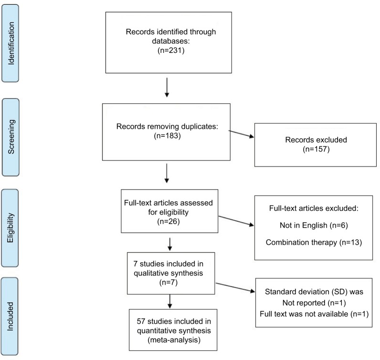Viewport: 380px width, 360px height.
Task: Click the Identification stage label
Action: pyautogui.click(x=11, y=43)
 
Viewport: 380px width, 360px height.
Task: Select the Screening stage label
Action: pyautogui.click(x=11, y=137)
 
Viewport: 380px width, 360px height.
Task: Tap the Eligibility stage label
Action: pyautogui.click(x=10, y=228)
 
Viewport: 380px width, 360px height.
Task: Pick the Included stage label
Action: pyautogui.click(x=10, y=316)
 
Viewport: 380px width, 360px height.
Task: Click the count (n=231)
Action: pyautogui.click(x=171, y=51)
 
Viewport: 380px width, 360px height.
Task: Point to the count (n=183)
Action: pyautogui.click(x=167, y=135)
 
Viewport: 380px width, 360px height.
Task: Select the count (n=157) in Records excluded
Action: pyautogui.click(x=316, y=149)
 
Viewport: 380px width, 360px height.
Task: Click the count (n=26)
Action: pyautogui.click(x=169, y=221)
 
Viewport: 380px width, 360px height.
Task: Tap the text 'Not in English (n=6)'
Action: pyautogui.click(x=314, y=226)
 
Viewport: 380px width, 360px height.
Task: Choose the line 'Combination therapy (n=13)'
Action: pyautogui.click(x=314, y=242)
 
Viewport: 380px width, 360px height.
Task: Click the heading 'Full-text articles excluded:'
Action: pyautogui.click(x=314, y=208)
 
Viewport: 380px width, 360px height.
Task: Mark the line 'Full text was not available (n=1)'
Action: pyautogui.click(x=314, y=314)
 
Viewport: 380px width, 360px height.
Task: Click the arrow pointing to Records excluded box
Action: pyautogui.click(x=242, y=134)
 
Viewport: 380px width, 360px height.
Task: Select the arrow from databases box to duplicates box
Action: pyautogui.click(x=167, y=87)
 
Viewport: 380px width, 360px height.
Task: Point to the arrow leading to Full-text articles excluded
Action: pyautogui.click(x=236, y=221)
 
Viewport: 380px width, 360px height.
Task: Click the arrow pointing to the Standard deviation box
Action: pyautogui.click(x=235, y=288)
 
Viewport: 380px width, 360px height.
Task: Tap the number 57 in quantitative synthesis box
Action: pyautogui.click(x=141, y=321)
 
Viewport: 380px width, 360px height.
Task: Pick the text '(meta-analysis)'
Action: pyautogui.click(x=174, y=340)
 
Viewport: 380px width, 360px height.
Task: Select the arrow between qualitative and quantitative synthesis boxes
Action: pyautogui.click(x=169, y=301)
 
